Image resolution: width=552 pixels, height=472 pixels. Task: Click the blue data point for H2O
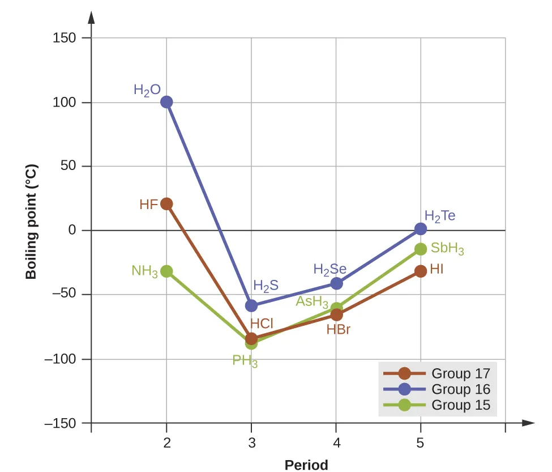(x=166, y=102)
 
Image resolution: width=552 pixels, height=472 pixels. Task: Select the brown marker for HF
(x=166, y=204)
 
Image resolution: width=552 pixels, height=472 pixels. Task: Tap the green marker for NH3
(x=166, y=271)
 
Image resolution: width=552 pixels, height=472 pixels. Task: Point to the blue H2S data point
(x=251, y=305)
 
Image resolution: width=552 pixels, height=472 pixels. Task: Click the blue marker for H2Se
(x=336, y=283)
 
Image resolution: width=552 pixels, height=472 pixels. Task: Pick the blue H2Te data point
(x=421, y=229)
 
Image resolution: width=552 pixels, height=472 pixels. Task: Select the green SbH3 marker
(x=421, y=249)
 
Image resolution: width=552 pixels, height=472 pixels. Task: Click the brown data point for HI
(x=421, y=271)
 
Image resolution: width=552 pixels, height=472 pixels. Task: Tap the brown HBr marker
(x=336, y=314)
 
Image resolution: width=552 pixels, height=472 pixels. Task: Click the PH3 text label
(x=245, y=361)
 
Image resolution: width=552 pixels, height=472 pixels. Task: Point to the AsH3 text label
(x=312, y=301)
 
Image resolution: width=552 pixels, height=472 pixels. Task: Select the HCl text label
(x=262, y=324)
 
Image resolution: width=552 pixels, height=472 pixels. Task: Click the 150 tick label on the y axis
(x=64, y=38)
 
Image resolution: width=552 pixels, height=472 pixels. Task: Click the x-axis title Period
(x=306, y=465)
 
